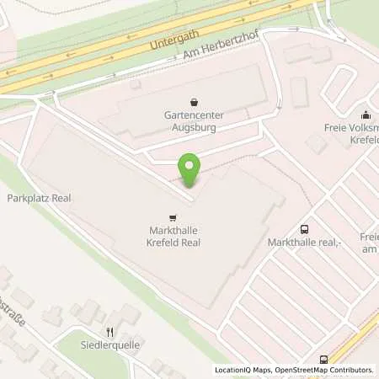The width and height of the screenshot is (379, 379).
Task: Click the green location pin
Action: pos(190,169)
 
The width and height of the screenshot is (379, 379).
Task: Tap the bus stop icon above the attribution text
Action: pos(324,360)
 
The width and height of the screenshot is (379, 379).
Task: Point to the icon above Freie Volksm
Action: pos(366,115)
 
